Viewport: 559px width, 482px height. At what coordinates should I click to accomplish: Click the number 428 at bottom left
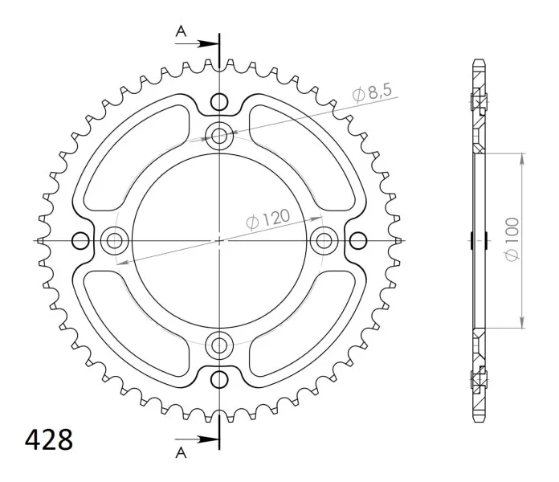click(x=49, y=439)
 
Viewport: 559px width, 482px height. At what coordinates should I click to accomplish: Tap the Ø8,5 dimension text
click(x=372, y=92)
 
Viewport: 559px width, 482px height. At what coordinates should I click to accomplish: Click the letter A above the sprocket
click(x=181, y=31)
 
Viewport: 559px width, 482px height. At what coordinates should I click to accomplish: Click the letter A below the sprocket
click(x=181, y=452)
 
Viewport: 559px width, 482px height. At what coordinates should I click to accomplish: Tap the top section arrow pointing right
click(x=197, y=44)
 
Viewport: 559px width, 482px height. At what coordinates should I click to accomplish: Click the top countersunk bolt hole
click(x=219, y=136)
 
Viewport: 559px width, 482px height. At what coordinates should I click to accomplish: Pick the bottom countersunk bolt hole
click(x=219, y=345)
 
